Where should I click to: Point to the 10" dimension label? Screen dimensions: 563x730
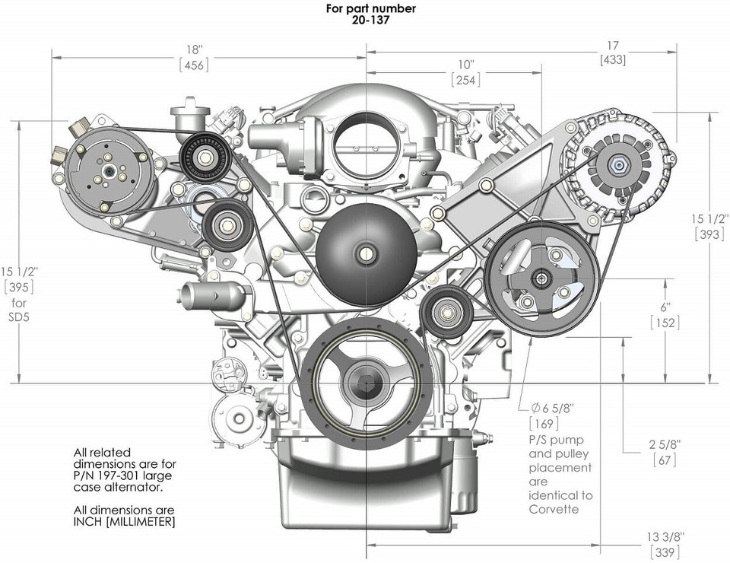pyautogui.click(x=465, y=64)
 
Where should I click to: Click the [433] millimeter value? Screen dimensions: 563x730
pyautogui.click(x=612, y=59)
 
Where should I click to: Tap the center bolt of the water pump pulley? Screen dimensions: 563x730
pyautogui.click(x=367, y=253)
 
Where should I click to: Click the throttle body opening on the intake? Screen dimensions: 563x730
pyautogui.click(x=357, y=141)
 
